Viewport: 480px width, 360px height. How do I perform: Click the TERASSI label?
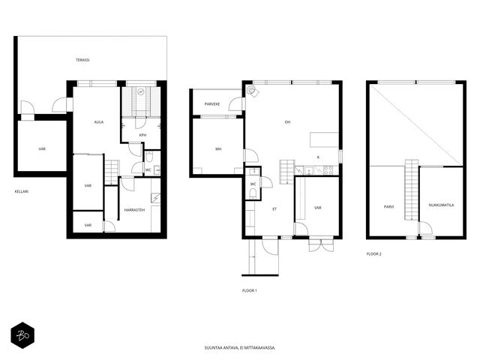pos(82,60)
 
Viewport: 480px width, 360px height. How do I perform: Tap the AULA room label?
pos(99,122)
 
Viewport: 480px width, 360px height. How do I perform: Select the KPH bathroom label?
pos(142,135)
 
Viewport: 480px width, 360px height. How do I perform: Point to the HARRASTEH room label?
pos(134,210)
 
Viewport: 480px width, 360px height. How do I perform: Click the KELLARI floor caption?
pos(22,192)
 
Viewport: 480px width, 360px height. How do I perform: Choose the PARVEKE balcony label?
pos(212,104)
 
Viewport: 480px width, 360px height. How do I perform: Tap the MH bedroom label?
pos(218,149)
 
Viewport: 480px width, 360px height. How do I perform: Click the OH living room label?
pos(287,122)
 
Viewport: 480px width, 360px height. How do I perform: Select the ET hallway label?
pos(274,209)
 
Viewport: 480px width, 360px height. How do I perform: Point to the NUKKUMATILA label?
pos(442,205)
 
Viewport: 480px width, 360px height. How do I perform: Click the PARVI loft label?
pos(388,207)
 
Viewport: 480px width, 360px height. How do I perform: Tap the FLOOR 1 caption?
pos(250,291)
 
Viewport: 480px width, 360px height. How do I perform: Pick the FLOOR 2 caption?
pos(374,254)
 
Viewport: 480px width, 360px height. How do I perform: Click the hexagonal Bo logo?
pos(22,335)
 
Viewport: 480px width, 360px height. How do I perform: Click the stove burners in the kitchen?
pos(328,170)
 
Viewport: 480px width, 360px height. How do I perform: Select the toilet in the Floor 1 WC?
pos(253,193)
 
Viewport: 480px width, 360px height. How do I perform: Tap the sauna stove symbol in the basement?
pos(141,91)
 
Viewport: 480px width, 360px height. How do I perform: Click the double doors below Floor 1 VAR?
pos(320,244)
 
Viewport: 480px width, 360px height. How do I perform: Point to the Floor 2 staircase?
pos(412,190)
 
